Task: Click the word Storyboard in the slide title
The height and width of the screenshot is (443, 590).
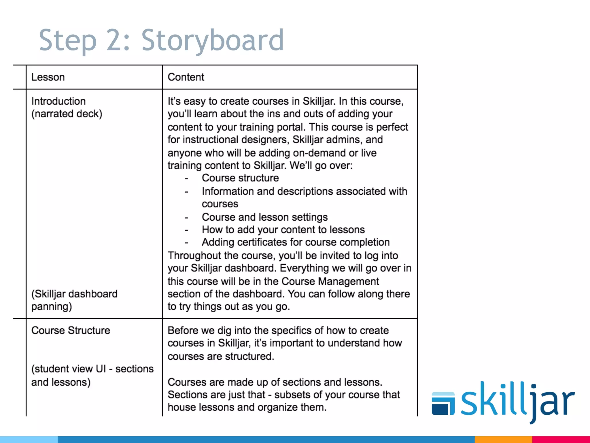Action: pos(213,40)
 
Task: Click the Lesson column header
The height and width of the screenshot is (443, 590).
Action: pos(48,77)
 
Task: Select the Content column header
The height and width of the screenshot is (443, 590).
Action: pos(186,77)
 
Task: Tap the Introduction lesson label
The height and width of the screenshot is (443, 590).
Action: pos(58,101)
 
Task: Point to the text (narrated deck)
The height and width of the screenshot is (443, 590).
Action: pos(67,114)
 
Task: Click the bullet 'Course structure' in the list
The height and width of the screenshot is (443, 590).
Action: pos(240,178)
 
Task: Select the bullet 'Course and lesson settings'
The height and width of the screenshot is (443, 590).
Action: pos(264,217)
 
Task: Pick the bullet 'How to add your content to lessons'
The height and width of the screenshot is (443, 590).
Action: pos(283,230)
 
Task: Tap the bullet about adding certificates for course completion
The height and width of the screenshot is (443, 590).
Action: pos(296,242)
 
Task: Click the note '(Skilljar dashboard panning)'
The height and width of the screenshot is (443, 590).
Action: pos(74,300)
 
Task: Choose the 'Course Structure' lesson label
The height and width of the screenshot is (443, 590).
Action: pos(71,331)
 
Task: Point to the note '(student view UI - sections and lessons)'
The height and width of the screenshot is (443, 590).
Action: pos(92,375)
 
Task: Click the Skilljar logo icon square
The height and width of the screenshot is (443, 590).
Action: pos(443,403)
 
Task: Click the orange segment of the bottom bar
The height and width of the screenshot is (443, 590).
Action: pos(503,440)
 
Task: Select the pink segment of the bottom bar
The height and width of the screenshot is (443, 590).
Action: pos(561,440)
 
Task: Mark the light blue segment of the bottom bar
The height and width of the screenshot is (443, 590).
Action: pos(29,440)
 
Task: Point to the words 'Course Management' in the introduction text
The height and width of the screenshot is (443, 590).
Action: pos(330,281)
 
